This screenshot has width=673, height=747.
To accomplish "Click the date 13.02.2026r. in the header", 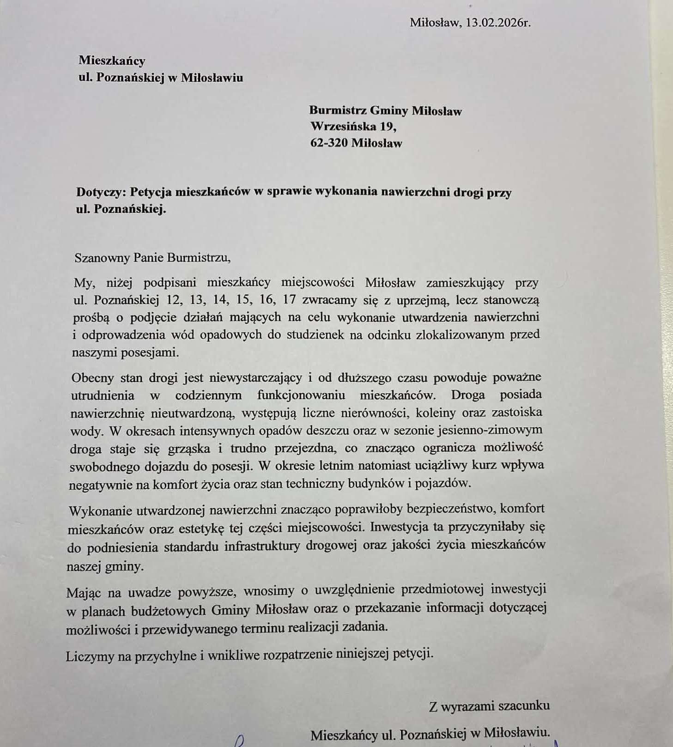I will click(x=498, y=23).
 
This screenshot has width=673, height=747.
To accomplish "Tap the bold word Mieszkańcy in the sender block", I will click(x=112, y=61).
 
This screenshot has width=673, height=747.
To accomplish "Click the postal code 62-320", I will click(x=329, y=143).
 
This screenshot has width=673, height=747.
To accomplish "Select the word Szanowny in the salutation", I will click(x=102, y=257).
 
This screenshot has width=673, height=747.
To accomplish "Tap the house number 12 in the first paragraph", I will click(x=174, y=300).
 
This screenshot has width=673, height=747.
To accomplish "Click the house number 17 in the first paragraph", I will click(x=289, y=299).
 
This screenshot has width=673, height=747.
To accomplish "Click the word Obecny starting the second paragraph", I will click(x=92, y=378).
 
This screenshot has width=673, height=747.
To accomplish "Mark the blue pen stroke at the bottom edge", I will click(x=239, y=741).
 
